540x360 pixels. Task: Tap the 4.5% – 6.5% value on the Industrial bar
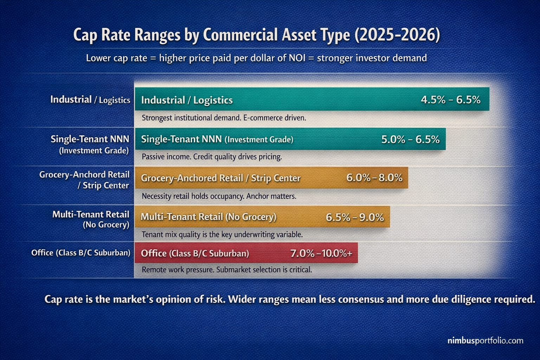(x=450, y=100)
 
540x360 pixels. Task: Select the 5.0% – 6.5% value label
(x=410, y=140)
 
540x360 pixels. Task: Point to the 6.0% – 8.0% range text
(x=374, y=178)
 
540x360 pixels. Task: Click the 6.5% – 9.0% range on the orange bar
(x=354, y=217)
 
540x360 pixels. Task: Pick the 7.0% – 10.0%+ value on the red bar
(x=321, y=253)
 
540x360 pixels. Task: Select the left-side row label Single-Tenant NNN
(x=90, y=139)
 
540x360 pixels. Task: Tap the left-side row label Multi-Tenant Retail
(x=91, y=214)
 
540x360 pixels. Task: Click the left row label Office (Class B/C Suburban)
(x=81, y=253)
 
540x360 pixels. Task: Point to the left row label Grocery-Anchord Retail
(x=84, y=175)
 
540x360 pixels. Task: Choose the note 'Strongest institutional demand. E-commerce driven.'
(x=224, y=118)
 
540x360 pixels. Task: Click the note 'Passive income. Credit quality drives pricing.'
(x=212, y=157)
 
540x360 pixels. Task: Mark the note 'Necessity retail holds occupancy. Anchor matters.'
(x=219, y=196)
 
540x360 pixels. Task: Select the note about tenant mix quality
(x=222, y=234)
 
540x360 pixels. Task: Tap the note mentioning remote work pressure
(x=227, y=270)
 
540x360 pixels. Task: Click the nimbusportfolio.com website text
(x=485, y=341)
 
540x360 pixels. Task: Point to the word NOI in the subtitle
(x=297, y=58)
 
